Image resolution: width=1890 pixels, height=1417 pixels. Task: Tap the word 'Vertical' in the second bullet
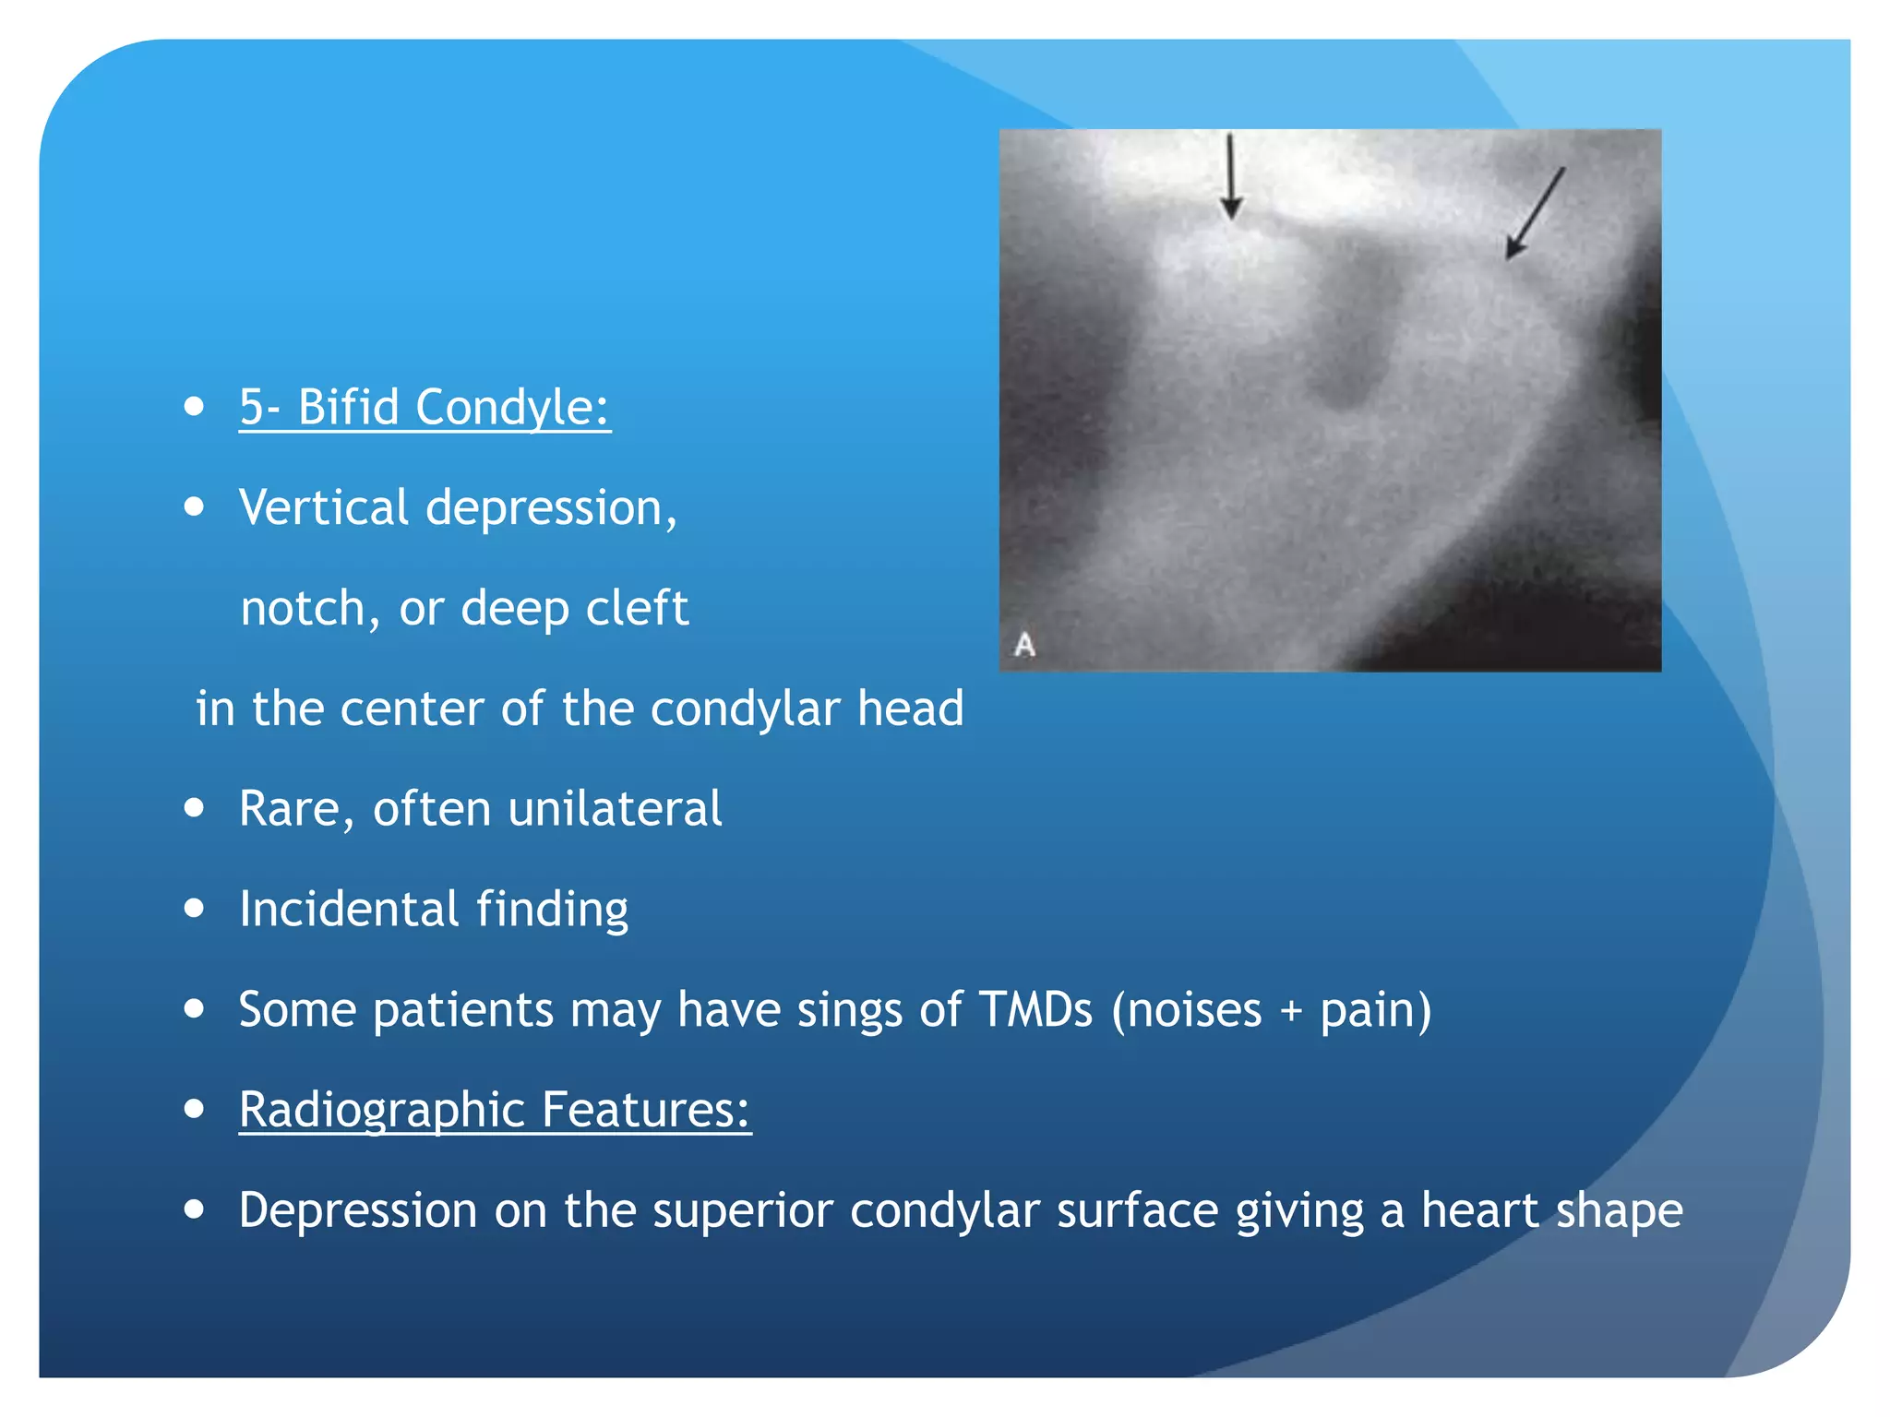323,507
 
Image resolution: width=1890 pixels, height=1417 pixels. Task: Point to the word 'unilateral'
615,809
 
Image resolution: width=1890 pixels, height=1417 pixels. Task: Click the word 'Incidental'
349,909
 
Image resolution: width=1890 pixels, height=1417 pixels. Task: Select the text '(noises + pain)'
1272,1010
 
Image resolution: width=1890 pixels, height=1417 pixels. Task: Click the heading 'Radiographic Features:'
495,1109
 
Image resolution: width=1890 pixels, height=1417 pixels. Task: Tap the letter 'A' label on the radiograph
1024,644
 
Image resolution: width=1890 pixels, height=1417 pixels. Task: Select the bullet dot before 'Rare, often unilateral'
194,809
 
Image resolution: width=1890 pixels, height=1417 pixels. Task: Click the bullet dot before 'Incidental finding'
194,909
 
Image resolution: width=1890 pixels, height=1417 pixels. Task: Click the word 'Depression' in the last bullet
357,1210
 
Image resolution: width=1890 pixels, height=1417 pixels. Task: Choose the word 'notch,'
310,609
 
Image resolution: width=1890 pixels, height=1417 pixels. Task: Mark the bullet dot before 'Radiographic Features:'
194,1109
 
